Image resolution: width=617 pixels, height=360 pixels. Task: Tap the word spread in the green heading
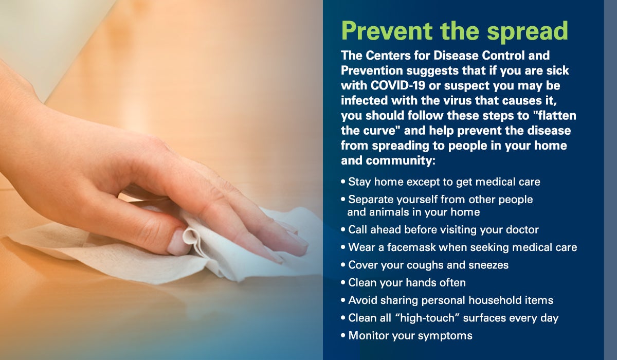pyautogui.click(x=528, y=32)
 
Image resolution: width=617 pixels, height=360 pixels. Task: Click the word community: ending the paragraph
pyautogui.click(x=401, y=160)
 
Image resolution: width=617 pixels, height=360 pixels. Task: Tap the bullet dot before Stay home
pyautogui.click(x=343, y=182)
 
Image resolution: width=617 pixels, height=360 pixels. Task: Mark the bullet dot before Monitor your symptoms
pyautogui.click(x=343, y=335)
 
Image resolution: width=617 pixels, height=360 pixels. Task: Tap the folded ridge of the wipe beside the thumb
pyautogui.click(x=193, y=240)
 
